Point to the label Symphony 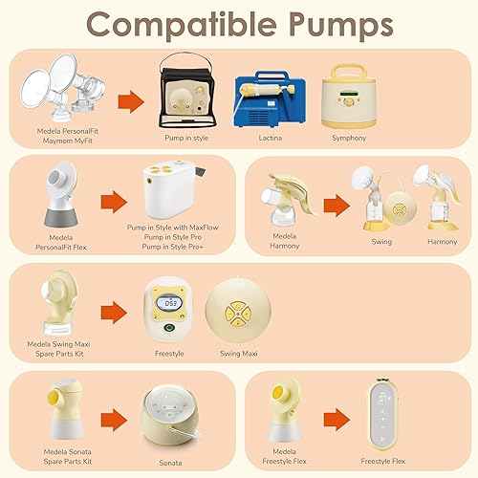coord(348,138)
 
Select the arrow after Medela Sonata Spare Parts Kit coord(113,418)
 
